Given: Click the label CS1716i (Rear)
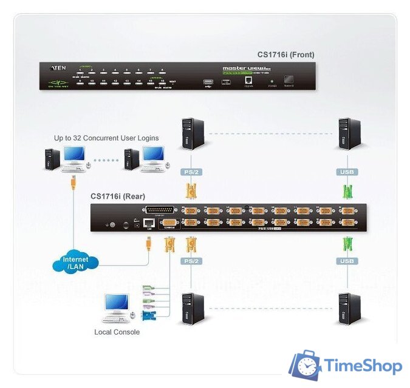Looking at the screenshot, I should [118, 196].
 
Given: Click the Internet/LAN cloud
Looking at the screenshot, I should [75, 263].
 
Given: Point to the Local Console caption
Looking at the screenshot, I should [117, 332].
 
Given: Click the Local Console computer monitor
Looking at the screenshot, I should [116, 303].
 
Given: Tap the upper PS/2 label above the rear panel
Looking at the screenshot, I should [191, 172].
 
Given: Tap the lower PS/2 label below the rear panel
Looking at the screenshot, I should [191, 262].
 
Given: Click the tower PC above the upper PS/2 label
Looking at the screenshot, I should [191, 133].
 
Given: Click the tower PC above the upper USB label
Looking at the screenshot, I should [349, 133].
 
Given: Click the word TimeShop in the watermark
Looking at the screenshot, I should [363, 366].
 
